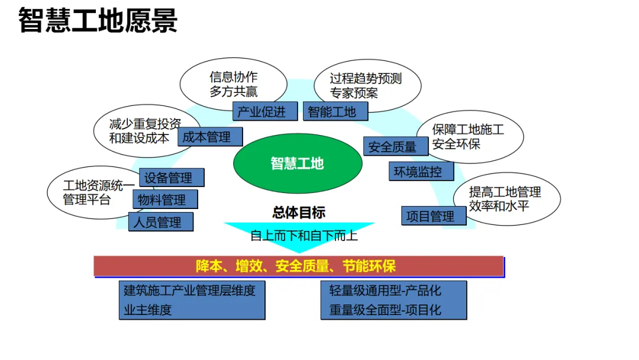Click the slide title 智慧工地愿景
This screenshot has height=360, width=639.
coord(98,21)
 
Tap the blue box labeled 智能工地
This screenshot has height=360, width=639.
coord(335,111)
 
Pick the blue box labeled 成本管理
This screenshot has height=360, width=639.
coord(210,137)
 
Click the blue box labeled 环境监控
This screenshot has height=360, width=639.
coord(421,172)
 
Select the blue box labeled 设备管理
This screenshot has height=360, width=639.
coord(172,177)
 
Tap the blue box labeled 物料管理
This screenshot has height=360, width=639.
coord(164,200)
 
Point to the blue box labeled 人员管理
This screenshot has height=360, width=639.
coord(160,222)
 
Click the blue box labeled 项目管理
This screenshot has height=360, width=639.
coord(434,216)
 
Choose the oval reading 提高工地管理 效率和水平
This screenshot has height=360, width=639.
coord(506,199)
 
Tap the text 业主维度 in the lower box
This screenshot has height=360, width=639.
coord(148,310)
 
